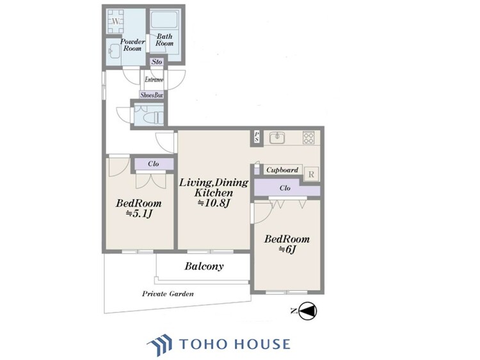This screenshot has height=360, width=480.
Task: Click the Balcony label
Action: coord(204,267)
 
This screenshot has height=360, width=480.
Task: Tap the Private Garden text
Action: coord(168,294)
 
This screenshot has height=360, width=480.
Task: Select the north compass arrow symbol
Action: coord(307,311)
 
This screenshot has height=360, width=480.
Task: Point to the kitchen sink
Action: coord(277,137)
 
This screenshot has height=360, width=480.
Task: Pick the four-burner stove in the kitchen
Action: coord(308,137)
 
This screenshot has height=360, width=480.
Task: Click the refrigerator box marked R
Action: coord(311,175)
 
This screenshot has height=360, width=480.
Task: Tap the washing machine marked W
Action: coord(115,21)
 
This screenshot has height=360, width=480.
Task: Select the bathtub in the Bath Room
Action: coord(164,20)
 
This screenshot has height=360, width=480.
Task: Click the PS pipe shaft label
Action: coord(257,137)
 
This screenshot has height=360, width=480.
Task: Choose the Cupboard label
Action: coord(282,169)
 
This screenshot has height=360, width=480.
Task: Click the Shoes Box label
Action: coord(152,95)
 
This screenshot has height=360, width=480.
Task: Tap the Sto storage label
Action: coord(157,62)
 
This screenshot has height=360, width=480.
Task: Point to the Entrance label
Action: coord(154,79)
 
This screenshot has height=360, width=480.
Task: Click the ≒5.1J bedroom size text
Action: coord(139,214)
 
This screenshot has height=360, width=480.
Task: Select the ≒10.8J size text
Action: coord(213,203)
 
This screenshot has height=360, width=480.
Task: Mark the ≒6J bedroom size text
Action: coord(287,249)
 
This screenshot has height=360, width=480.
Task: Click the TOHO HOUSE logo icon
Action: coord(159,345)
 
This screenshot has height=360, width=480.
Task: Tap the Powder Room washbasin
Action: coord(115,51)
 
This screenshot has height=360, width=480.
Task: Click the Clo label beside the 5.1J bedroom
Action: coord(153,164)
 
